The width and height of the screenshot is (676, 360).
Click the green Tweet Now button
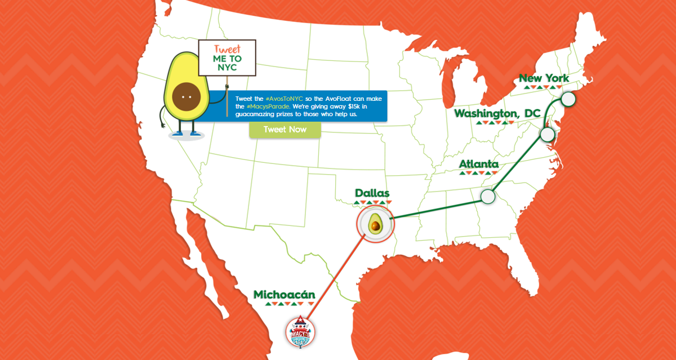click(285, 130)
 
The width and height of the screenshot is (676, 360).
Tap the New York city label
click(544, 78)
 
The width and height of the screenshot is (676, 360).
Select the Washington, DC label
click(497, 114)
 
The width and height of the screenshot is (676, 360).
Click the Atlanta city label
click(478, 165)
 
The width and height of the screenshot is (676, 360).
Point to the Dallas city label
click(372, 194)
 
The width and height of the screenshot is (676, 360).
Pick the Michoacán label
click(284, 295)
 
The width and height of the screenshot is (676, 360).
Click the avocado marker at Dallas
click(375, 224)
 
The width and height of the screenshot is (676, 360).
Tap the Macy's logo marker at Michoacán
click(300, 332)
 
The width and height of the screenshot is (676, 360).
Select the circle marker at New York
click(568, 99)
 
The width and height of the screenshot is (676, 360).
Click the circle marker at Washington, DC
click(547, 134)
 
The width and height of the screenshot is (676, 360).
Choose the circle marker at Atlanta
click(488, 196)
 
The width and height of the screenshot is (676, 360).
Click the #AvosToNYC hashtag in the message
click(284, 99)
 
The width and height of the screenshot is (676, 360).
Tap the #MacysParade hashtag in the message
click(269, 106)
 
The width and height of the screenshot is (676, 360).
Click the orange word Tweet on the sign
click(227, 48)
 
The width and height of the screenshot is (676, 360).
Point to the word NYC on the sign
click(227, 68)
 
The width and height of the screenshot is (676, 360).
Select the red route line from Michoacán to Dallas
click(335, 276)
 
